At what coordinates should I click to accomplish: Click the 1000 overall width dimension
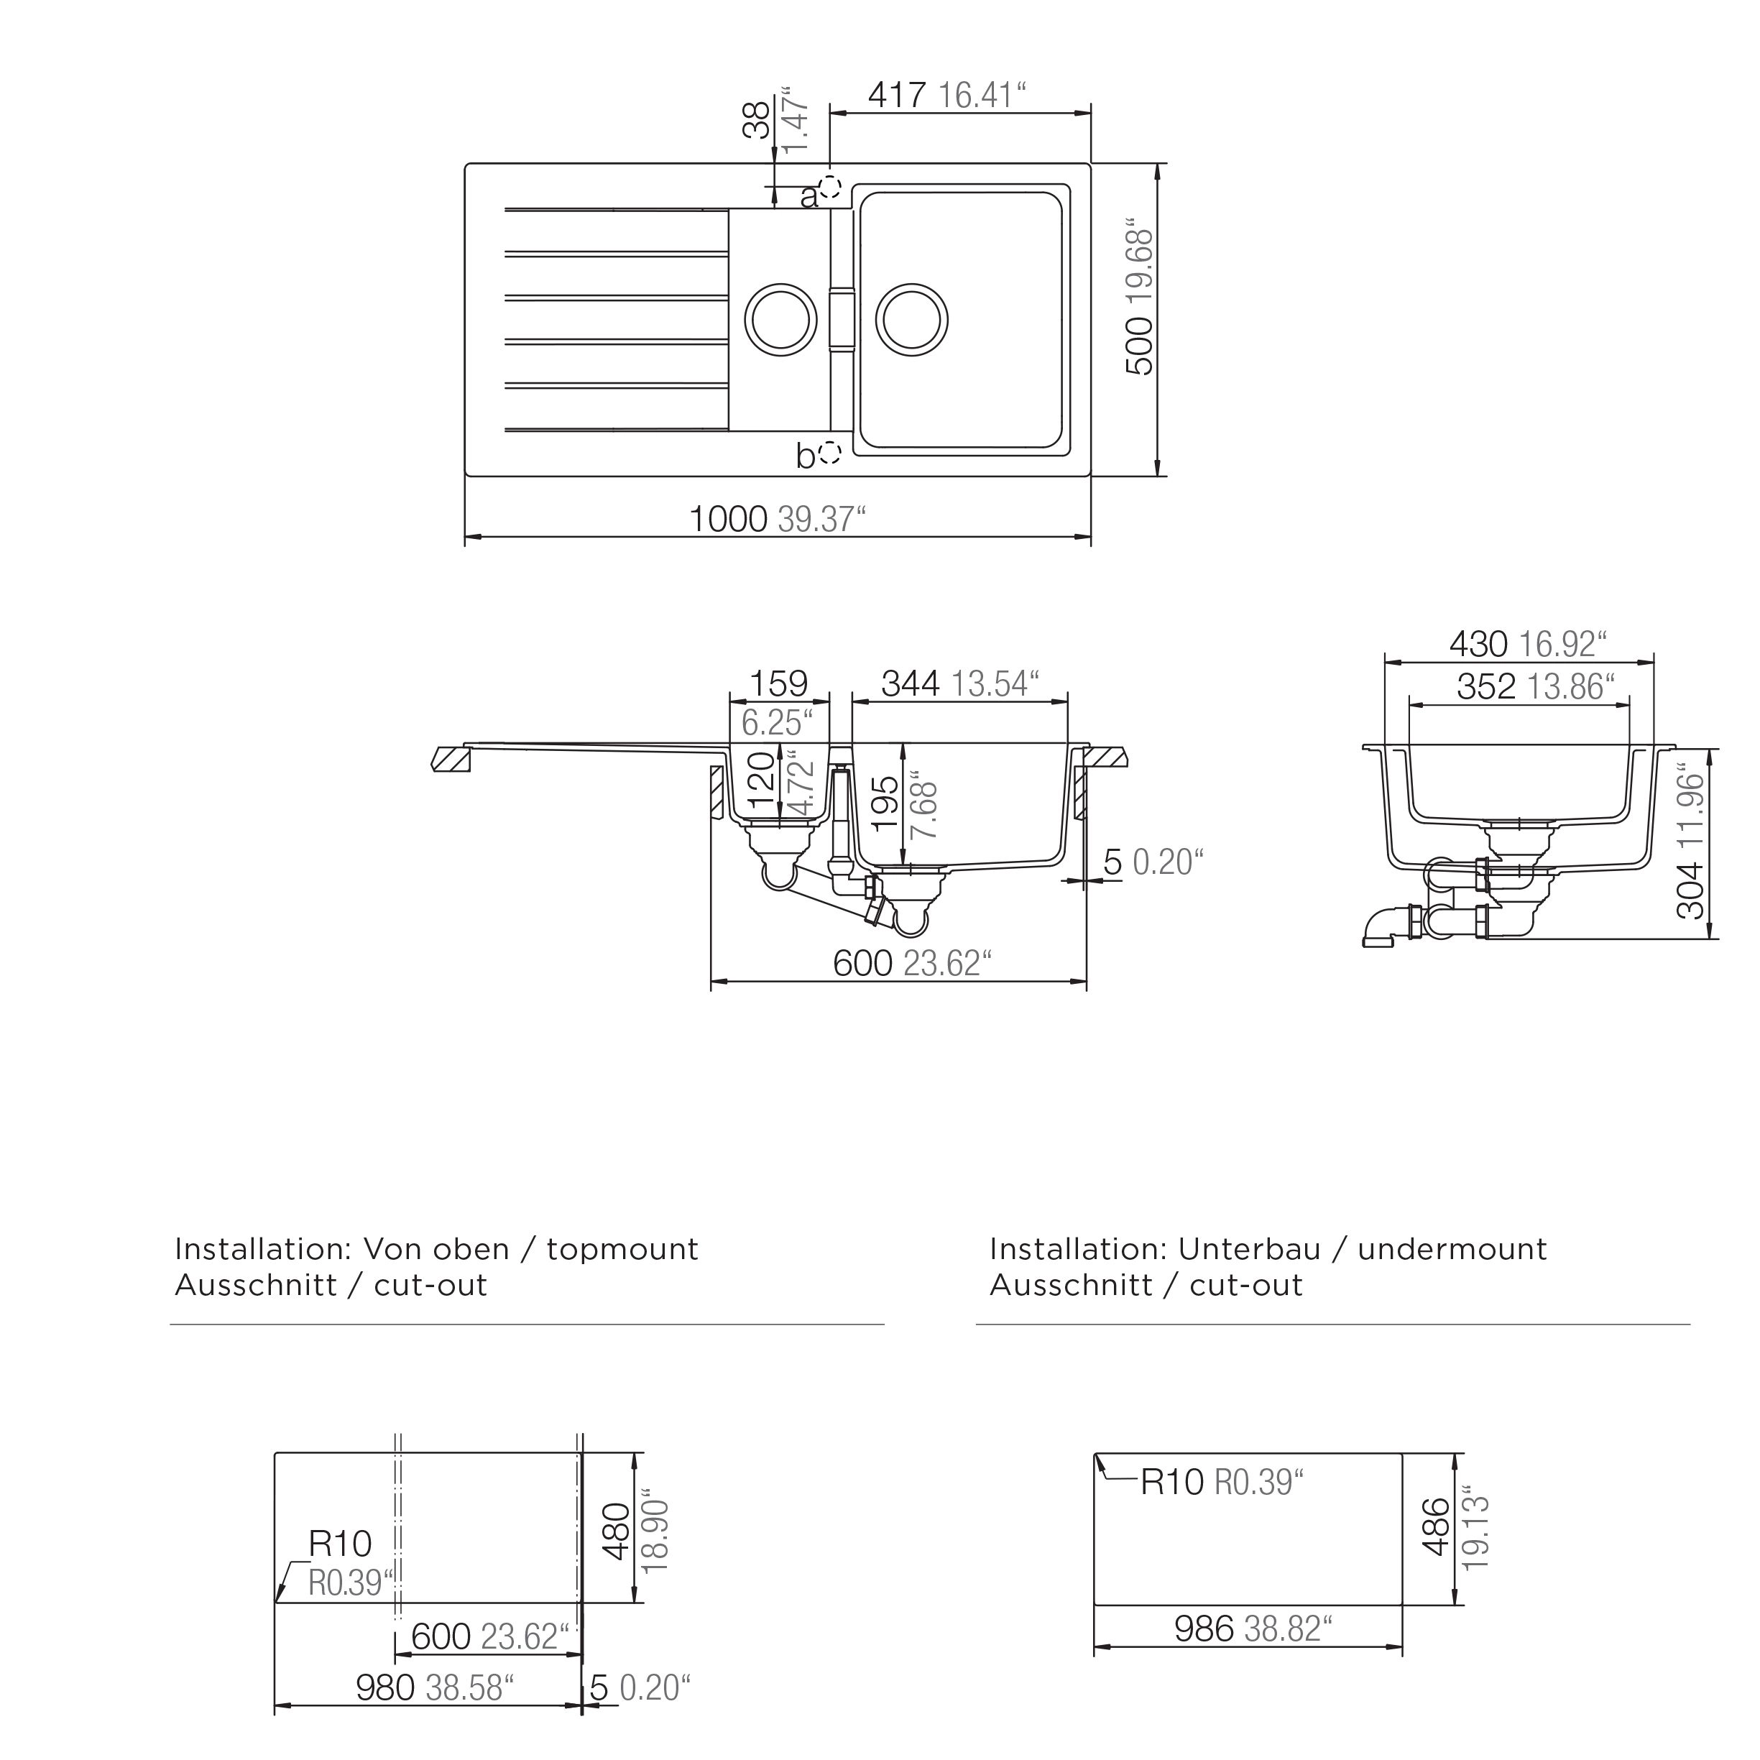pyautogui.click(x=727, y=520)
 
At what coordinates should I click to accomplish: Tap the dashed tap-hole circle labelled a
pyautogui.click(x=829, y=188)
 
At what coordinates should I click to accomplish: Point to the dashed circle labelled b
pyautogui.click(x=829, y=452)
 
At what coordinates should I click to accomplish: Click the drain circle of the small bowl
pyautogui.click(x=780, y=320)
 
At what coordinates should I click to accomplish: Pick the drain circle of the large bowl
pyautogui.click(x=912, y=320)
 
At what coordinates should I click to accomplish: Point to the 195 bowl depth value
pyautogui.click(x=885, y=803)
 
